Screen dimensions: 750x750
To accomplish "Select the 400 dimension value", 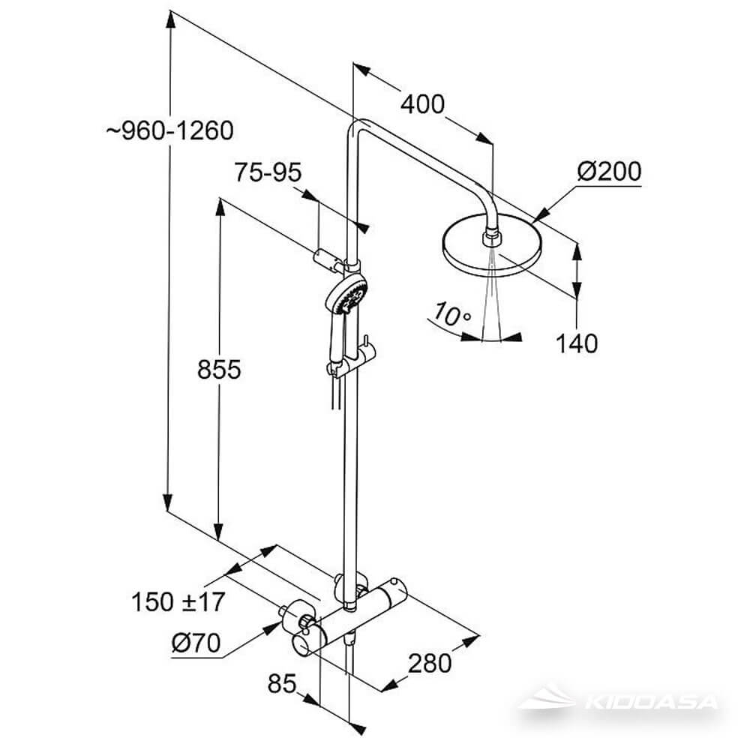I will click(421, 103).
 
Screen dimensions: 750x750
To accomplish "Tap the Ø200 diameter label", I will click(609, 172).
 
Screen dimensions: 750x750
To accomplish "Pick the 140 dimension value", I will click(577, 343).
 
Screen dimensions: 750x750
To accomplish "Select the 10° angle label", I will click(451, 315).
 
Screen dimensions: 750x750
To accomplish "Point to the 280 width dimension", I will click(430, 662).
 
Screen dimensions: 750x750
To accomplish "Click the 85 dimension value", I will click(283, 683).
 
